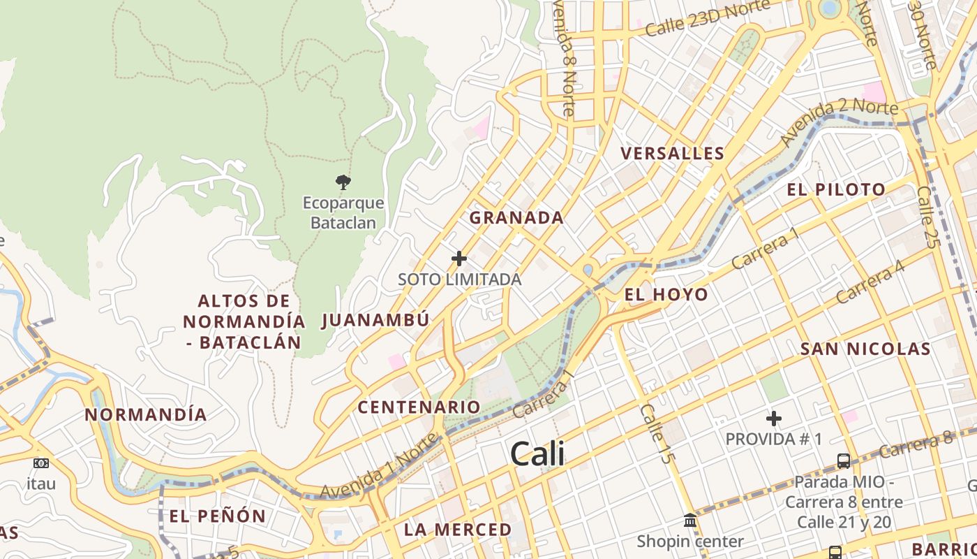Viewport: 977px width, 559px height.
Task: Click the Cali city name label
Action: [x=537, y=454]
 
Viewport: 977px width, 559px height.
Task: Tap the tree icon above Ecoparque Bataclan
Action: [x=342, y=183]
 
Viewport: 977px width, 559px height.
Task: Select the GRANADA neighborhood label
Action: [x=516, y=217]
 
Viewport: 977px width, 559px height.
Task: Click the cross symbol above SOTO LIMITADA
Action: [x=458, y=259]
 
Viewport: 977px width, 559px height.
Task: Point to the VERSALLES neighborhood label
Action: [x=672, y=153]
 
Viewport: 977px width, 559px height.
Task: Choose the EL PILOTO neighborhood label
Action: [x=836, y=189]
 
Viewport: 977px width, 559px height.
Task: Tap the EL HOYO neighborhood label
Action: [x=666, y=295]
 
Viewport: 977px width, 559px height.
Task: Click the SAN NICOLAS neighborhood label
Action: [x=865, y=349]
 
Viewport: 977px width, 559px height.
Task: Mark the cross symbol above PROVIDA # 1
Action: [x=773, y=419]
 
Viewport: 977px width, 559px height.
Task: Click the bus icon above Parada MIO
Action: [x=843, y=461]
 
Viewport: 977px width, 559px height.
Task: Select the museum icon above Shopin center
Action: [x=690, y=521]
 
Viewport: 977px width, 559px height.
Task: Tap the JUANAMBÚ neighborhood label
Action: [x=375, y=320]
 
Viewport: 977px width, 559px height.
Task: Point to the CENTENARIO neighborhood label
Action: [x=419, y=407]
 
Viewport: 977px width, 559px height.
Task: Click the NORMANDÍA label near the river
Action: [x=146, y=414]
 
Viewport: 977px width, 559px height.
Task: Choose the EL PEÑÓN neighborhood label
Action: [x=217, y=516]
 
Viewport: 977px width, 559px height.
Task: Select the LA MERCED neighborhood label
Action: [x=458, y=530]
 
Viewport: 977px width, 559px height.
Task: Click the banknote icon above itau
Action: [x=41, y=463]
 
